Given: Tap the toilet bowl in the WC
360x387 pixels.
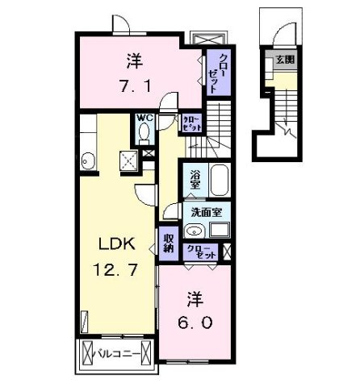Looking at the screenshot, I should [144, 133].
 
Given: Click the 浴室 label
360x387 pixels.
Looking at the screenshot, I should [195, 178].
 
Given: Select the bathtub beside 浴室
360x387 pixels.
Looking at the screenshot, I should [220, 178].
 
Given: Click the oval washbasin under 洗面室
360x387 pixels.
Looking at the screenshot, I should [195, 231].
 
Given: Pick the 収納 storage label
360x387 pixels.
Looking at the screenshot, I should [169, 243].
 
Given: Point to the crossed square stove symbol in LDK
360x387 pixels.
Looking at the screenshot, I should [127, 161].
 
